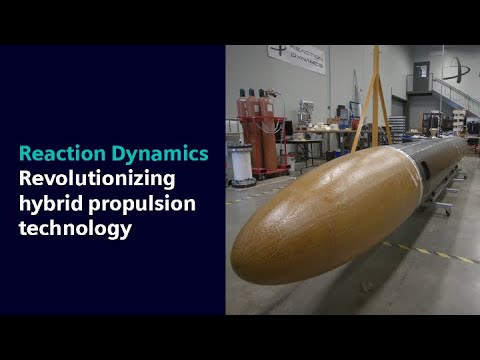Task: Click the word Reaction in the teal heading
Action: pos(59,154)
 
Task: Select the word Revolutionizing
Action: pos(98,179)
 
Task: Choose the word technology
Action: pos(75,229)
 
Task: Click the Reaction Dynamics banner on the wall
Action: pos(296,58)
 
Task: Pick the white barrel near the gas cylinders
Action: pos(241,164)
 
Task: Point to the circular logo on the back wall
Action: pos(455,69)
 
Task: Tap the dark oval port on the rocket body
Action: pos(424,170)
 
